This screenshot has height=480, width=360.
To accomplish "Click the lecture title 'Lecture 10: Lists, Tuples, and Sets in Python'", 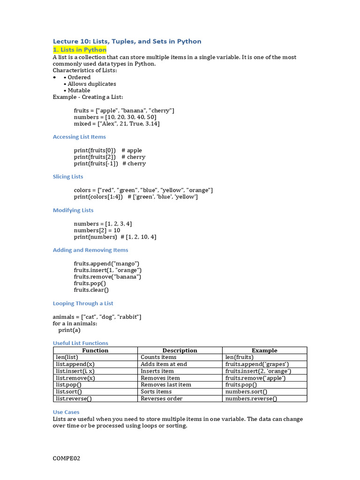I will point(127,41).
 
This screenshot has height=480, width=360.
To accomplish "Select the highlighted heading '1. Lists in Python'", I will point(80,50).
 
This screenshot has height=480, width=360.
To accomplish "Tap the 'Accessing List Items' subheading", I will point(79,137).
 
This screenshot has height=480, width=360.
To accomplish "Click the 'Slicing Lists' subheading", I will point(68,177).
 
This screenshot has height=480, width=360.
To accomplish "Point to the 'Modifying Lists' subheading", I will point(73,210).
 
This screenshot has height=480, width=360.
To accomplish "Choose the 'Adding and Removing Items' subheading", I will point(90,250).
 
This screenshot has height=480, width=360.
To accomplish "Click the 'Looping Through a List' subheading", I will point(83,303).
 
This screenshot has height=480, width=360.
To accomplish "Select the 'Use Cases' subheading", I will point(66,412).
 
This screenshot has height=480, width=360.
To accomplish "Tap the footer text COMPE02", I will point(67,458).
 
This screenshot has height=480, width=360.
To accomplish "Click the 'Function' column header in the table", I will point(95,351).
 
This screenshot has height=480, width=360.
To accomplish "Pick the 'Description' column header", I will point(180,351).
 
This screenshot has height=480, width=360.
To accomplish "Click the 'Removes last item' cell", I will point(166,385).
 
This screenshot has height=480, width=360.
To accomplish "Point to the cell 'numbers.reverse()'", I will point(251,399).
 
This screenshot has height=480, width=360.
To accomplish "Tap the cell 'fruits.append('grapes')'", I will point(257,364).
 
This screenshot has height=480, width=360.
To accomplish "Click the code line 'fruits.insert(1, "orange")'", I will point(108,270).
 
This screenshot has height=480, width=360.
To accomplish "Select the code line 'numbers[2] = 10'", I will point(97,230).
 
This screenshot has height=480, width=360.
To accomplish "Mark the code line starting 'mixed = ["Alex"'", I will point(117,124).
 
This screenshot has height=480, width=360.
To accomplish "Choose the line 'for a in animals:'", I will point(75,323).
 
